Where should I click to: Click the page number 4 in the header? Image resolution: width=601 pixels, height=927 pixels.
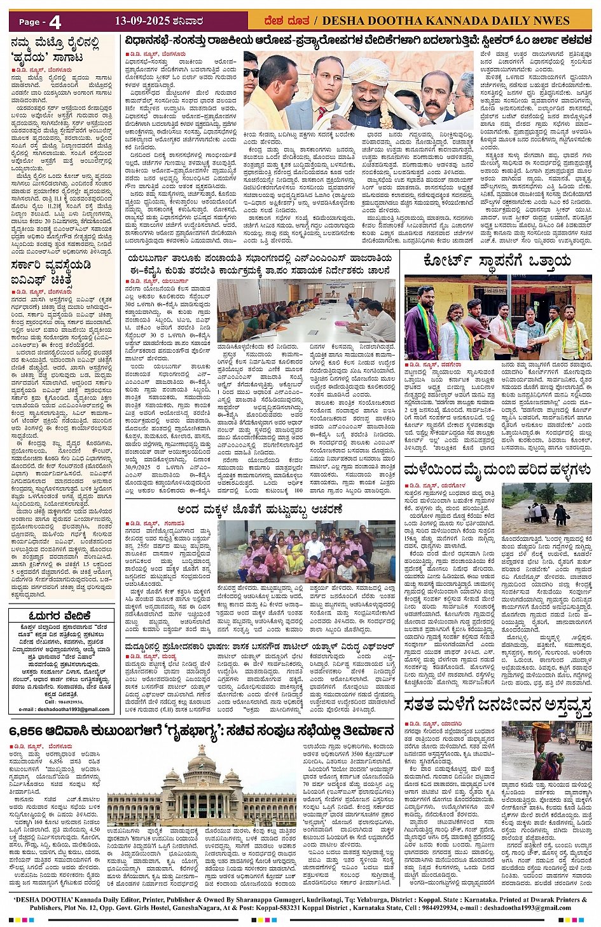[55, 22]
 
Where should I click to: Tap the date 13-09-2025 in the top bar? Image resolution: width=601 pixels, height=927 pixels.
[143, 21]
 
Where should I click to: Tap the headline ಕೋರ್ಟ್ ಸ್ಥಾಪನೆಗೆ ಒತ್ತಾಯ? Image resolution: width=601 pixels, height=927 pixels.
[487, 262]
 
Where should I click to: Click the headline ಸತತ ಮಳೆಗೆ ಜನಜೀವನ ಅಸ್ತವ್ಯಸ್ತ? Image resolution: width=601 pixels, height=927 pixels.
[498, 705]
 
